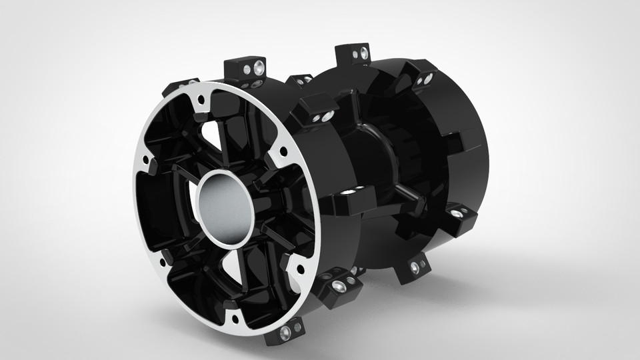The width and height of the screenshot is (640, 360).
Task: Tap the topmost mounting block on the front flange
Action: coord(245,67)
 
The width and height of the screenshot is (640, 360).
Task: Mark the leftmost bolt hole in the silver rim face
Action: coord(145,160)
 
